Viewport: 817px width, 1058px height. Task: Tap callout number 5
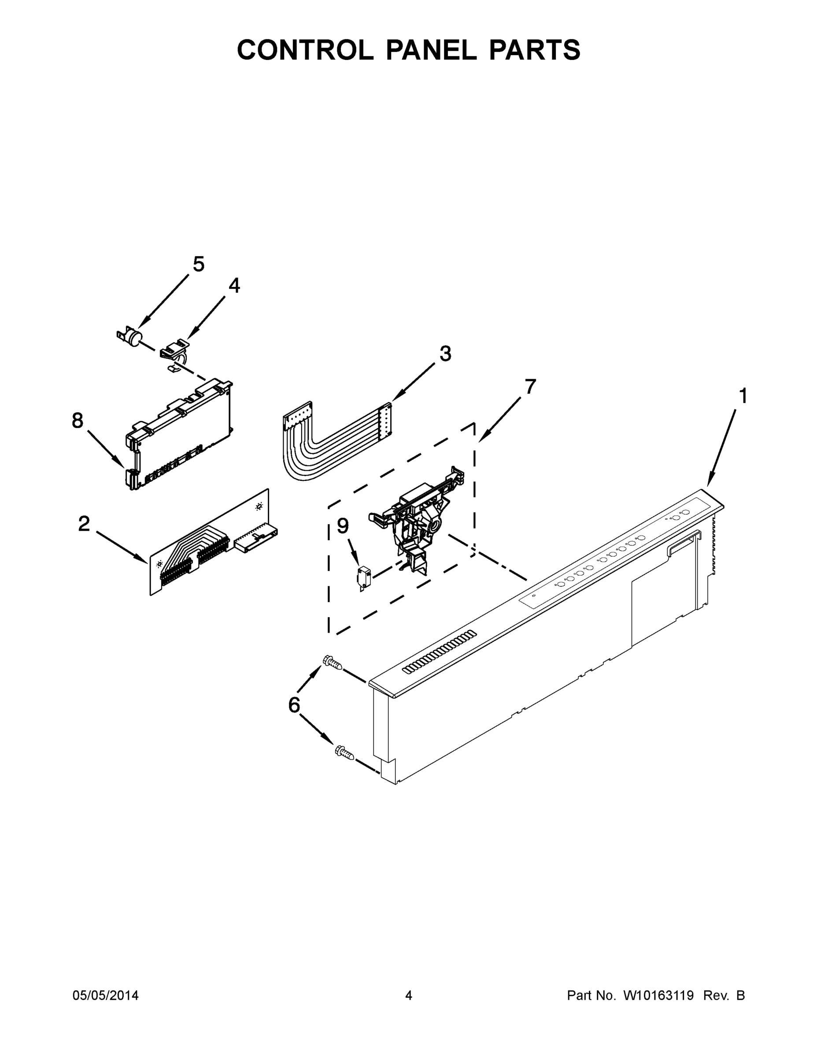click(199, 264)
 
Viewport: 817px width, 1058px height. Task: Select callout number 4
click(234, 286)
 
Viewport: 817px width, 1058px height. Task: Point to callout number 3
click(445, 354)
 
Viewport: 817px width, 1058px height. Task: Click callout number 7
click(530, 387)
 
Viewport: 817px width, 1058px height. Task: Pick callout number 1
click(743, 396)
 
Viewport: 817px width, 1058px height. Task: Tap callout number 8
click(78, 421)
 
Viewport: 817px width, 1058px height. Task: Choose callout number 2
click(84, 524)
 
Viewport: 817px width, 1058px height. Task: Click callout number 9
click(343, 525)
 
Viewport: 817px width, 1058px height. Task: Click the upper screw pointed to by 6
click(333, 662)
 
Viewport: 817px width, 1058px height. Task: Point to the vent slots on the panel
click(440, 652)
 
